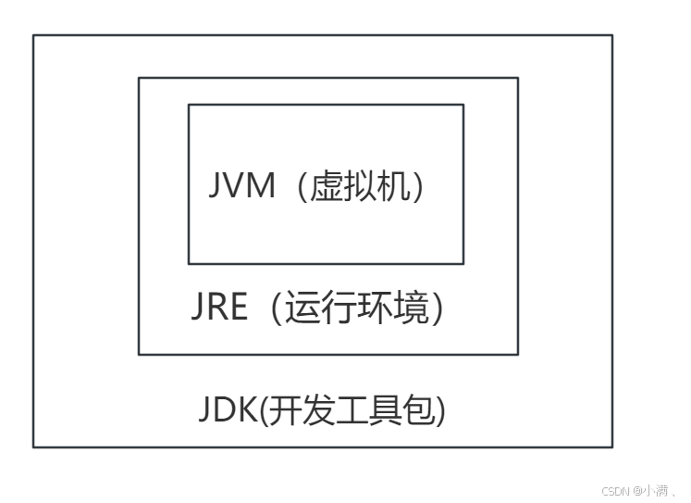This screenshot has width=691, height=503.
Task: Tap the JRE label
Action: (219, 308)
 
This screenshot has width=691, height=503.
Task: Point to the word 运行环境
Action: (362, 308)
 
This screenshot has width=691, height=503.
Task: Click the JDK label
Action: (227, 409)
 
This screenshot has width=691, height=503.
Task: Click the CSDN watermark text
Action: (615, 490)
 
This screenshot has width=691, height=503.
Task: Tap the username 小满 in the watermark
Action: (659, 490)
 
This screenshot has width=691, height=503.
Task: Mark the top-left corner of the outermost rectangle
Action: (33, 35)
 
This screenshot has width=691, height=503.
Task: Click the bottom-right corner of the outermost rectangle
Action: (612, 447)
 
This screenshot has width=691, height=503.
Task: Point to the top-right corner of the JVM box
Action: (463, 105)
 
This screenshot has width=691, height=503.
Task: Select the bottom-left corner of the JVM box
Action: (189, 264)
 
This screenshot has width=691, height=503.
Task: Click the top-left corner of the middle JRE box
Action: (139, 78)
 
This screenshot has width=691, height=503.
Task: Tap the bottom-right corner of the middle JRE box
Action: (518, 354)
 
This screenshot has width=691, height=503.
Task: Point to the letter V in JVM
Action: (241, 187)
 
